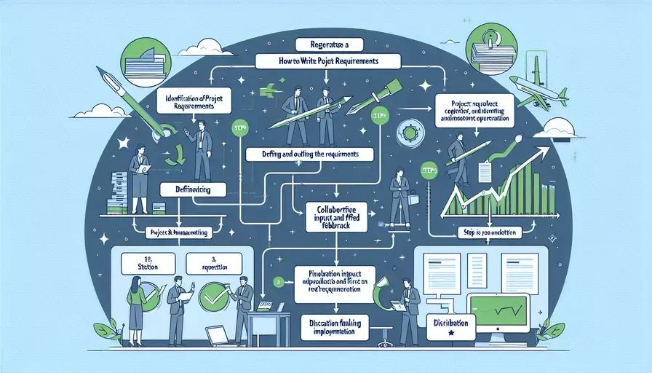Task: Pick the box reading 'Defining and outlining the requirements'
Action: [x=309, y=154]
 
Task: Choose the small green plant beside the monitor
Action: [x=554, y=330]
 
